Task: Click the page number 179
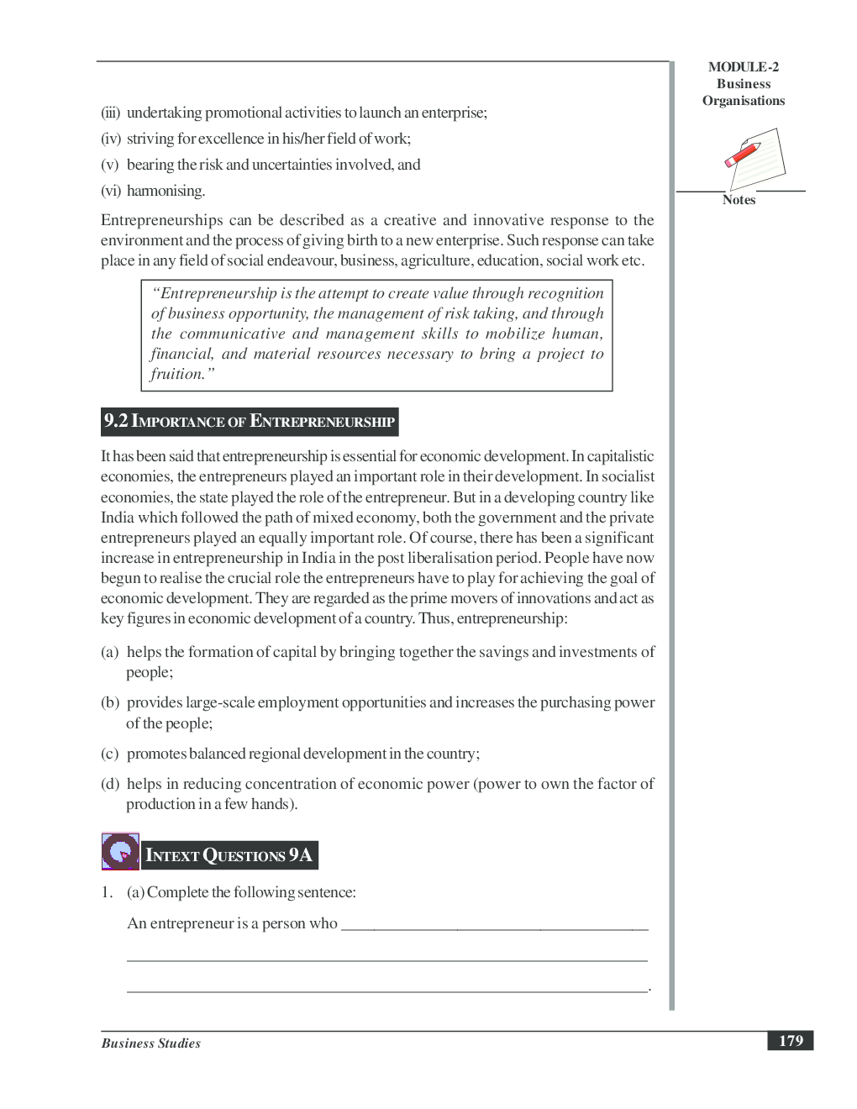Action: pyautogui.click(x=790, y=1041)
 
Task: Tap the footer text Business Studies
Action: pyautogui.click(x=151, y=1043)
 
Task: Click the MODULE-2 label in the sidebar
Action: pyautogui.click(x=743, y=67)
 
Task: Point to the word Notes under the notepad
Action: pyautogui.click(x=739, y=200)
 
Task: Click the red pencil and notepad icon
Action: pyautogui.click(x=754, y=158)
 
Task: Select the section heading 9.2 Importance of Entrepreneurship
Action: pyautogui.click(x=249, y=421)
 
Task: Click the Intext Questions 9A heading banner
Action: pyautogui.click(x=229, y=855)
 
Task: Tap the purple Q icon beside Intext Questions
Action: pyautogui.click(x=120, y=852)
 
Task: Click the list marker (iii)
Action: pyautogui.click(x=111, y=113)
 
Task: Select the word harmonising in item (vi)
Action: pyautogui.click(x=166, y=191)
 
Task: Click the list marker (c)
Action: pyautogui.click(x=110, y=754)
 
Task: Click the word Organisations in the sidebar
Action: pyautogui.click(x=744, y=101)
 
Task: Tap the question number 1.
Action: pyautogui.click(x=107, y=892)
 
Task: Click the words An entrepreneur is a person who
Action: pyautogui.click(x=232, y=923)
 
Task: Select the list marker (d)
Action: pyautogui.click(x=110, y=784)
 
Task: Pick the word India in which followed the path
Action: pyautogui.click(x=118, y=518)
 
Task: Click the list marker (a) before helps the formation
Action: pyautogui.click(x=110, y=652)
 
